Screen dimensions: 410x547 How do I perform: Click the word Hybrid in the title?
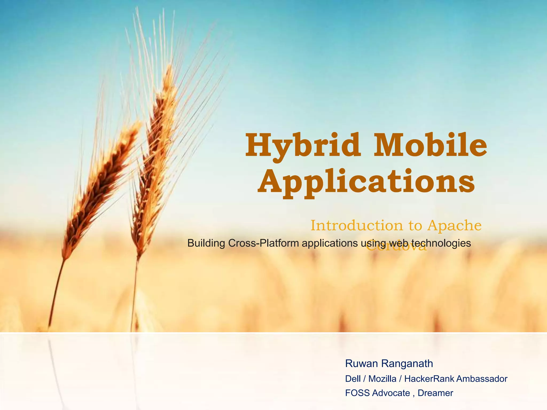coord(303,146)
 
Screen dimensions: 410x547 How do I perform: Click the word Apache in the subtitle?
coord(454,226)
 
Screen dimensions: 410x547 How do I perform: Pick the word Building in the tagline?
coord(206,243)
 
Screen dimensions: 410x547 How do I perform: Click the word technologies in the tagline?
coord(441,243)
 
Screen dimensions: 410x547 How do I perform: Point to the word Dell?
coord(353,379)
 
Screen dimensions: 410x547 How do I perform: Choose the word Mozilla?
coord(382,379)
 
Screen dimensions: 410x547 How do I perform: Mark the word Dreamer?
coord(435,393)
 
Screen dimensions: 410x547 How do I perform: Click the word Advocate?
coord(391,393)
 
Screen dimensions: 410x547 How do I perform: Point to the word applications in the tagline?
coord(330,243)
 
